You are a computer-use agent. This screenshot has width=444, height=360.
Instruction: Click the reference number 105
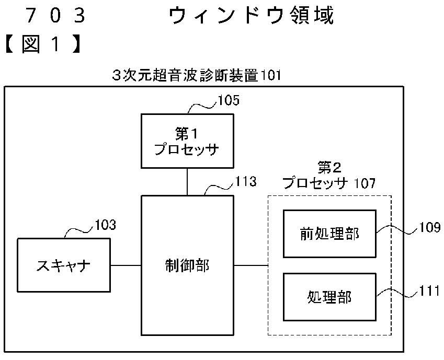pos(229,100)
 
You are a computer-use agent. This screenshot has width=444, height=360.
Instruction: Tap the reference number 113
pos(246,181)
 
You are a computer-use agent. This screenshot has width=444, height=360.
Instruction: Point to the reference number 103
pos(105,225)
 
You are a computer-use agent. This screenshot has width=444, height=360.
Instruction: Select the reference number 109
pos(430,227)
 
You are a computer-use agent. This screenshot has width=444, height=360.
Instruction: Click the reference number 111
pos(429,291)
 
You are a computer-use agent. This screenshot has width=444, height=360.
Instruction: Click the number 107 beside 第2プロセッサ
pos(365,183)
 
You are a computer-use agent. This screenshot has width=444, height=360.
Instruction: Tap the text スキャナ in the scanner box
pos(63,266)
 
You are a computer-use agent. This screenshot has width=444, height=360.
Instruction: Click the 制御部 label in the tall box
pos(187,266)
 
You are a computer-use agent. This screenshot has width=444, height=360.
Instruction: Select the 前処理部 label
pos(329,234)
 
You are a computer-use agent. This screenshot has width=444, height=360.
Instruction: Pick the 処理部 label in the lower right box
pos(329,297)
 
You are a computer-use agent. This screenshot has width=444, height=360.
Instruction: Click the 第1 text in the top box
pos(187,134)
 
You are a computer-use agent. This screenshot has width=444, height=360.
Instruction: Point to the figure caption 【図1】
pos(42,45)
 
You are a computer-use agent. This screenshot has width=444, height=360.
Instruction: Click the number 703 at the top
pos(55,15)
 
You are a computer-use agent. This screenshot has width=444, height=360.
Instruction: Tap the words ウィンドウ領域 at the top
pos(252,15)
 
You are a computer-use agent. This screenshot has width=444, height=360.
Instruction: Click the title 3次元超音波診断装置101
pos(197,76)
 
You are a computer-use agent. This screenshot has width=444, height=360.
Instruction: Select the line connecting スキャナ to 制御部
pos(126,265)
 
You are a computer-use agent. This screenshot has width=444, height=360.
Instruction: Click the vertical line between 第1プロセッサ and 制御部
pos(187,182)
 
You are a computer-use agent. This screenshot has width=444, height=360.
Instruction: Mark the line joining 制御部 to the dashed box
pos(251,265)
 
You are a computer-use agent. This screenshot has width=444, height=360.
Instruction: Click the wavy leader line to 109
pos(397,230)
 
